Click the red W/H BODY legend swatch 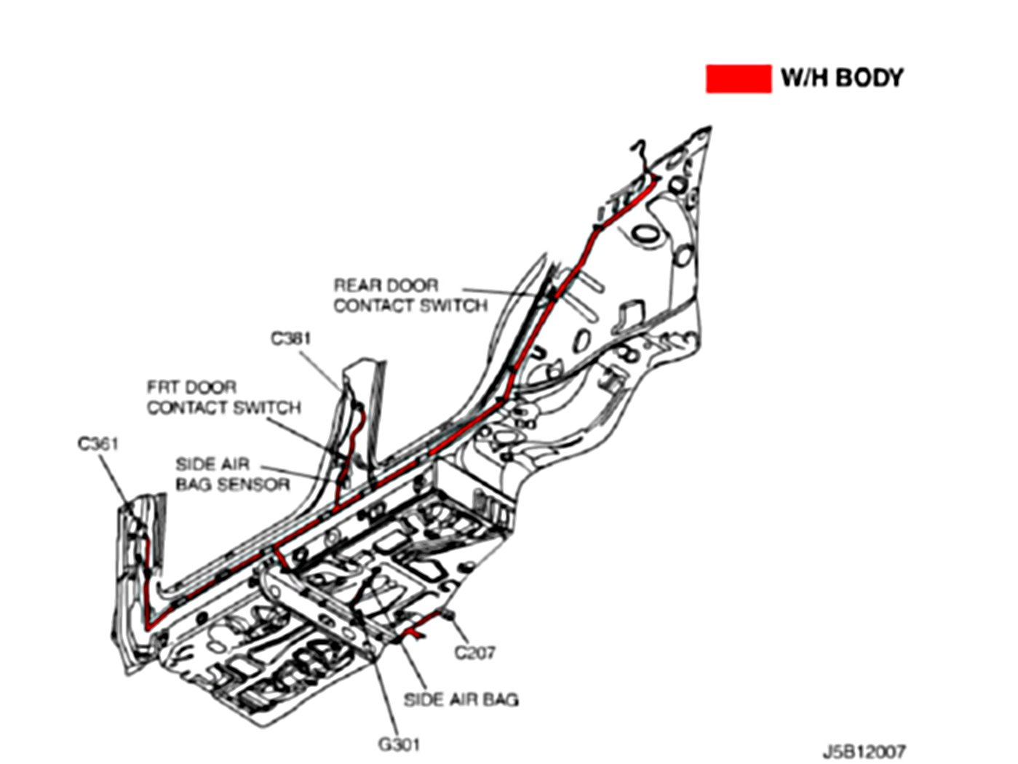click(x=738, y=79)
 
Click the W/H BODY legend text click(x=841, y=78)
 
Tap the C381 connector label click(x=291, y=338)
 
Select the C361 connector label click(x=98, y=443)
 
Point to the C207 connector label click(x=475, y=653)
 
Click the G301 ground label click(x=399, y=744)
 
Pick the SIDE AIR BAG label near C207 click(x=461, y=700)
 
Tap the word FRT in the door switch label click(x=162, y=387)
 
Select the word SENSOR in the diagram click(x=255, y=485)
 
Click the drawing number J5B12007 click(x=864, y=750)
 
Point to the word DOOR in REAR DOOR click(x=411, y=285)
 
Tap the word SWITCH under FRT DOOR click(x=266, y=407)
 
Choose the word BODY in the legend click(x=868, y=78)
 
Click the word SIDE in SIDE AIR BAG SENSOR click(x=192, y=464)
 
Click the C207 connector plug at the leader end click(x=448, y=617)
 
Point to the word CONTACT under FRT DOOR click(x=184, y=407)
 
